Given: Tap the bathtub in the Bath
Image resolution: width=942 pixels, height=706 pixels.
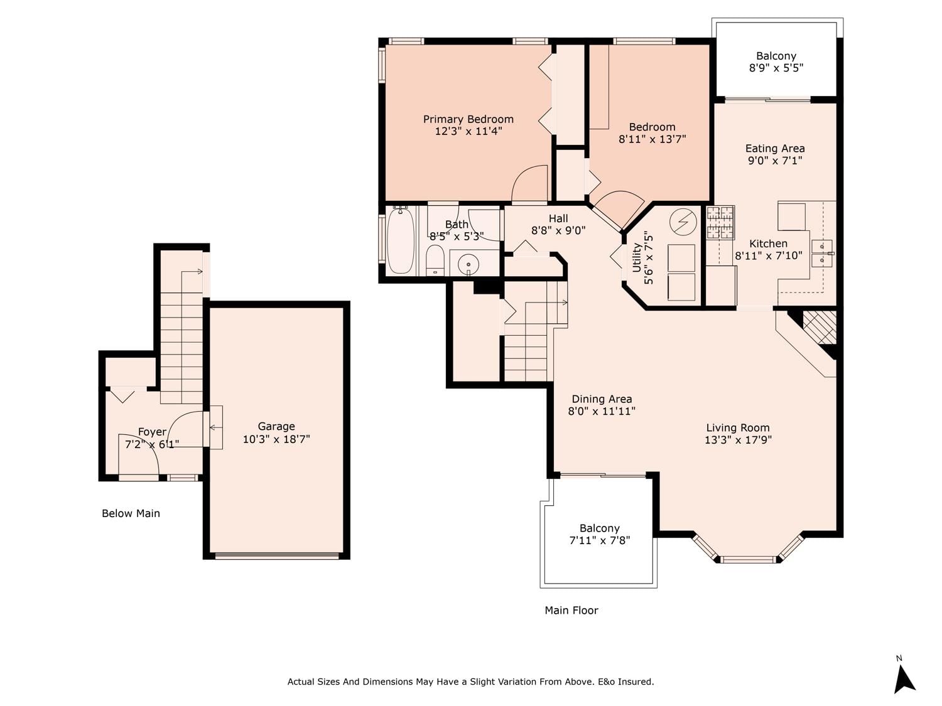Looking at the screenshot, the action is (401, 240).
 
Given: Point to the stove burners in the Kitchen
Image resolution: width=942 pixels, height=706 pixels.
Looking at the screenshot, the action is (720, 223).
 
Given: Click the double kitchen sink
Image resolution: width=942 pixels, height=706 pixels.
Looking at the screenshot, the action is (822, 254).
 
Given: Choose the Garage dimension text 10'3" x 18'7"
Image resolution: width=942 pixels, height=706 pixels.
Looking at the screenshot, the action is (276, 439).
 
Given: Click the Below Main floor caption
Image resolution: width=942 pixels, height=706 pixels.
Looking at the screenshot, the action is (131, 513).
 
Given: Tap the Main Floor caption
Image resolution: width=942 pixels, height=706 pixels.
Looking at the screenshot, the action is (571, 610).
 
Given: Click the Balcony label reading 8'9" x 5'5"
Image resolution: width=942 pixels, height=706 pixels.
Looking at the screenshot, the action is (776, 62).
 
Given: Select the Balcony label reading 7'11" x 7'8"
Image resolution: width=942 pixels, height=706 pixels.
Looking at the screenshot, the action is (599, 534).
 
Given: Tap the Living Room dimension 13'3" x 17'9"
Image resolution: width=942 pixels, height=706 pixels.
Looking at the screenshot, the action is (738, 439).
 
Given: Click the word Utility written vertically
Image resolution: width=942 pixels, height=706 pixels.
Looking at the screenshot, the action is (636, 258).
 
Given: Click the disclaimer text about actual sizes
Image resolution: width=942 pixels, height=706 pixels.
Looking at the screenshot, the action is (470, 682).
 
